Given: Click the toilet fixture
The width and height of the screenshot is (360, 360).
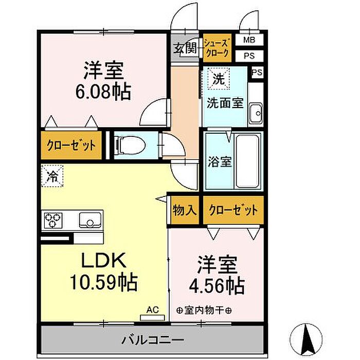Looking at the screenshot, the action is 131,145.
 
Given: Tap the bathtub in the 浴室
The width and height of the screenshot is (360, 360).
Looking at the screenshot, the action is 248,160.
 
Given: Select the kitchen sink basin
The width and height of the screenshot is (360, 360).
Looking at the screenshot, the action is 90,220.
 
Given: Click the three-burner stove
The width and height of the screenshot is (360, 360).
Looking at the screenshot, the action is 53,220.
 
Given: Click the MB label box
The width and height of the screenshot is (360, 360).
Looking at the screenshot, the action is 249,40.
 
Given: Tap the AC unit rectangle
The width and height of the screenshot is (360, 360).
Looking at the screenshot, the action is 152,318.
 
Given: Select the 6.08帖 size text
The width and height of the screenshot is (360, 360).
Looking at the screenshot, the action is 103,92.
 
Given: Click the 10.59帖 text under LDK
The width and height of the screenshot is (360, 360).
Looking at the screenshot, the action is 103,282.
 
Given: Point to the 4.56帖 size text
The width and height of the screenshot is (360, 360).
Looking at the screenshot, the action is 217,286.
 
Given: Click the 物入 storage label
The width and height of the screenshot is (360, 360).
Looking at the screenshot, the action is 185,210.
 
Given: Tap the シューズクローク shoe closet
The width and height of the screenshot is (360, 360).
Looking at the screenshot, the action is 217,48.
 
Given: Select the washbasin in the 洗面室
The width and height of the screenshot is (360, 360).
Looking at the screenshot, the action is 256,113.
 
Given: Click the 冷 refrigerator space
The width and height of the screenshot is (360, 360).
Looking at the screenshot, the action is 52,176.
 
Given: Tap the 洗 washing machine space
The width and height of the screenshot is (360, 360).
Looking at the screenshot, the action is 219,79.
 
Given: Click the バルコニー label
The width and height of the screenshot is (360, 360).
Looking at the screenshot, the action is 153,339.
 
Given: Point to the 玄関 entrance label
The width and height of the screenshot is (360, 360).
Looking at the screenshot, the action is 185,48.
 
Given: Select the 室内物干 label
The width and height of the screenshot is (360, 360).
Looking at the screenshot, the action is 204,311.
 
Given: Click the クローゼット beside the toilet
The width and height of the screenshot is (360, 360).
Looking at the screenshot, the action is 71,145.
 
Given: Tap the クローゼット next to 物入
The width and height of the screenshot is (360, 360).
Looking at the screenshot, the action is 233,210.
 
